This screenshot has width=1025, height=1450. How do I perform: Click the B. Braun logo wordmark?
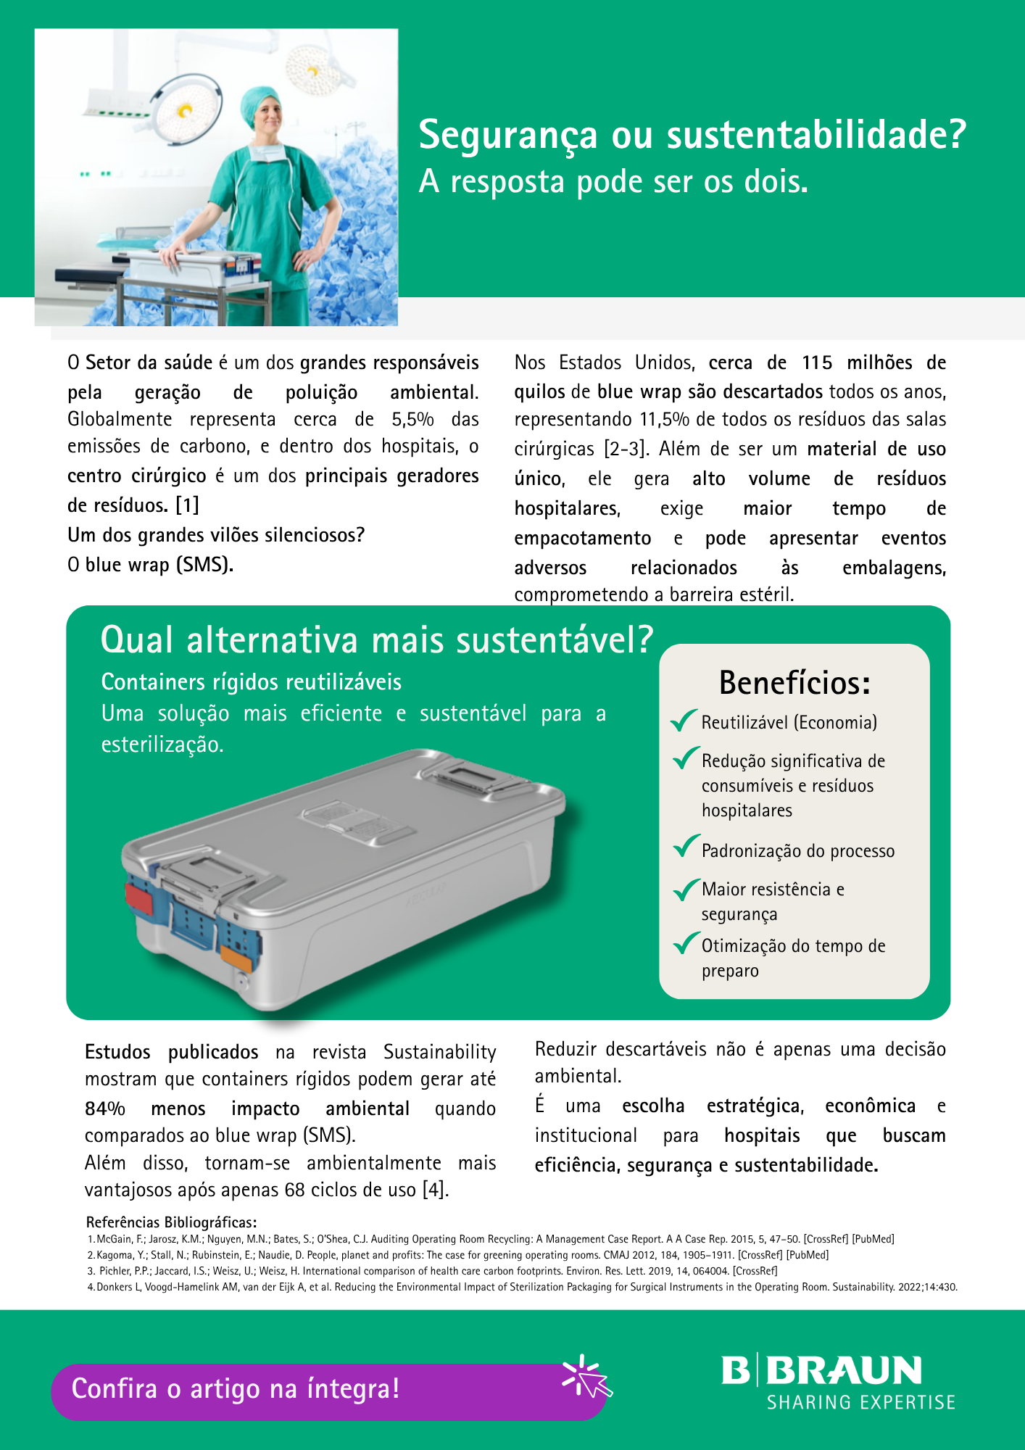coord(821,1370)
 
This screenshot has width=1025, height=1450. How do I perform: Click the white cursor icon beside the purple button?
coord(588,1376)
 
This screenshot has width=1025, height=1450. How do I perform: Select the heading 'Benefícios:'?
coord(794,683)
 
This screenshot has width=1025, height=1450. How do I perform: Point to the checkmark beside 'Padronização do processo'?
coord(685,846)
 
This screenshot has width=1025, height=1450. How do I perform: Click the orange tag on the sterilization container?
coord(236,957)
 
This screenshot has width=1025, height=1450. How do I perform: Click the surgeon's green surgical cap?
coord(261,101)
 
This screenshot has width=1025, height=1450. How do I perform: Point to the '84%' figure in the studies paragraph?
coord(105,1109)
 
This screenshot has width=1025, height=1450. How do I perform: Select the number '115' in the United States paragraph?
coord(817,362)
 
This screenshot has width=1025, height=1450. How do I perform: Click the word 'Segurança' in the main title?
coord(508,136)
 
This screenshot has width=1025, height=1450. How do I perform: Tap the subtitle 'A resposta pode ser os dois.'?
coord(613,181)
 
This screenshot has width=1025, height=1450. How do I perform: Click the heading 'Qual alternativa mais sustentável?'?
coord(376,640)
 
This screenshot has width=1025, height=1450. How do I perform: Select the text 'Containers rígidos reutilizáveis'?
coord(251,682)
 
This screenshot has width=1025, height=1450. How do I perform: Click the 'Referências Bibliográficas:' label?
coord(171,1222)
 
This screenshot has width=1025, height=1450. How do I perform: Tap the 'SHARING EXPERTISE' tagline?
coord(861,1402)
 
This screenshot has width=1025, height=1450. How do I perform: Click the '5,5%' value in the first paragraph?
coord(412,420)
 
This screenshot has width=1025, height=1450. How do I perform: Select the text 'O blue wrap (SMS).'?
coord(151,564)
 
